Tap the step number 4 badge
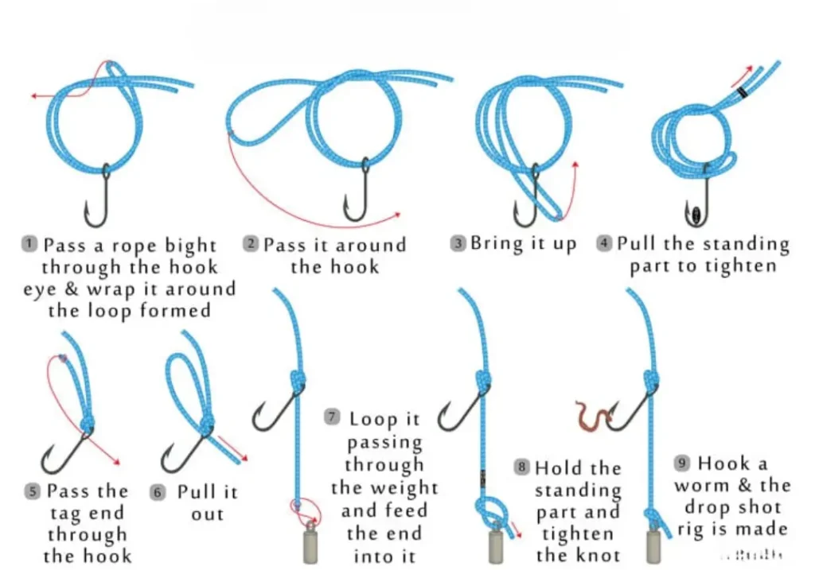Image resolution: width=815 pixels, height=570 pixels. (605, 244)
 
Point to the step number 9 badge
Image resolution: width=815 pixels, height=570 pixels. (682, 463)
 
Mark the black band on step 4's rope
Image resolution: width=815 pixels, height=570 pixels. (743, 92)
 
